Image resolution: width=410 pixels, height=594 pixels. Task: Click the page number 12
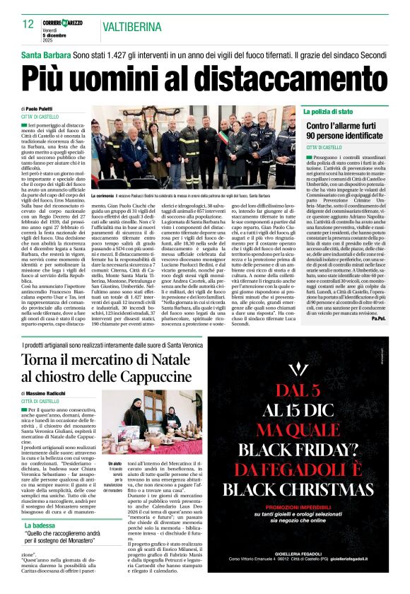click(28, 25)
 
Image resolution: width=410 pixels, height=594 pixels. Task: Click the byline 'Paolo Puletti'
click(47, 108)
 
